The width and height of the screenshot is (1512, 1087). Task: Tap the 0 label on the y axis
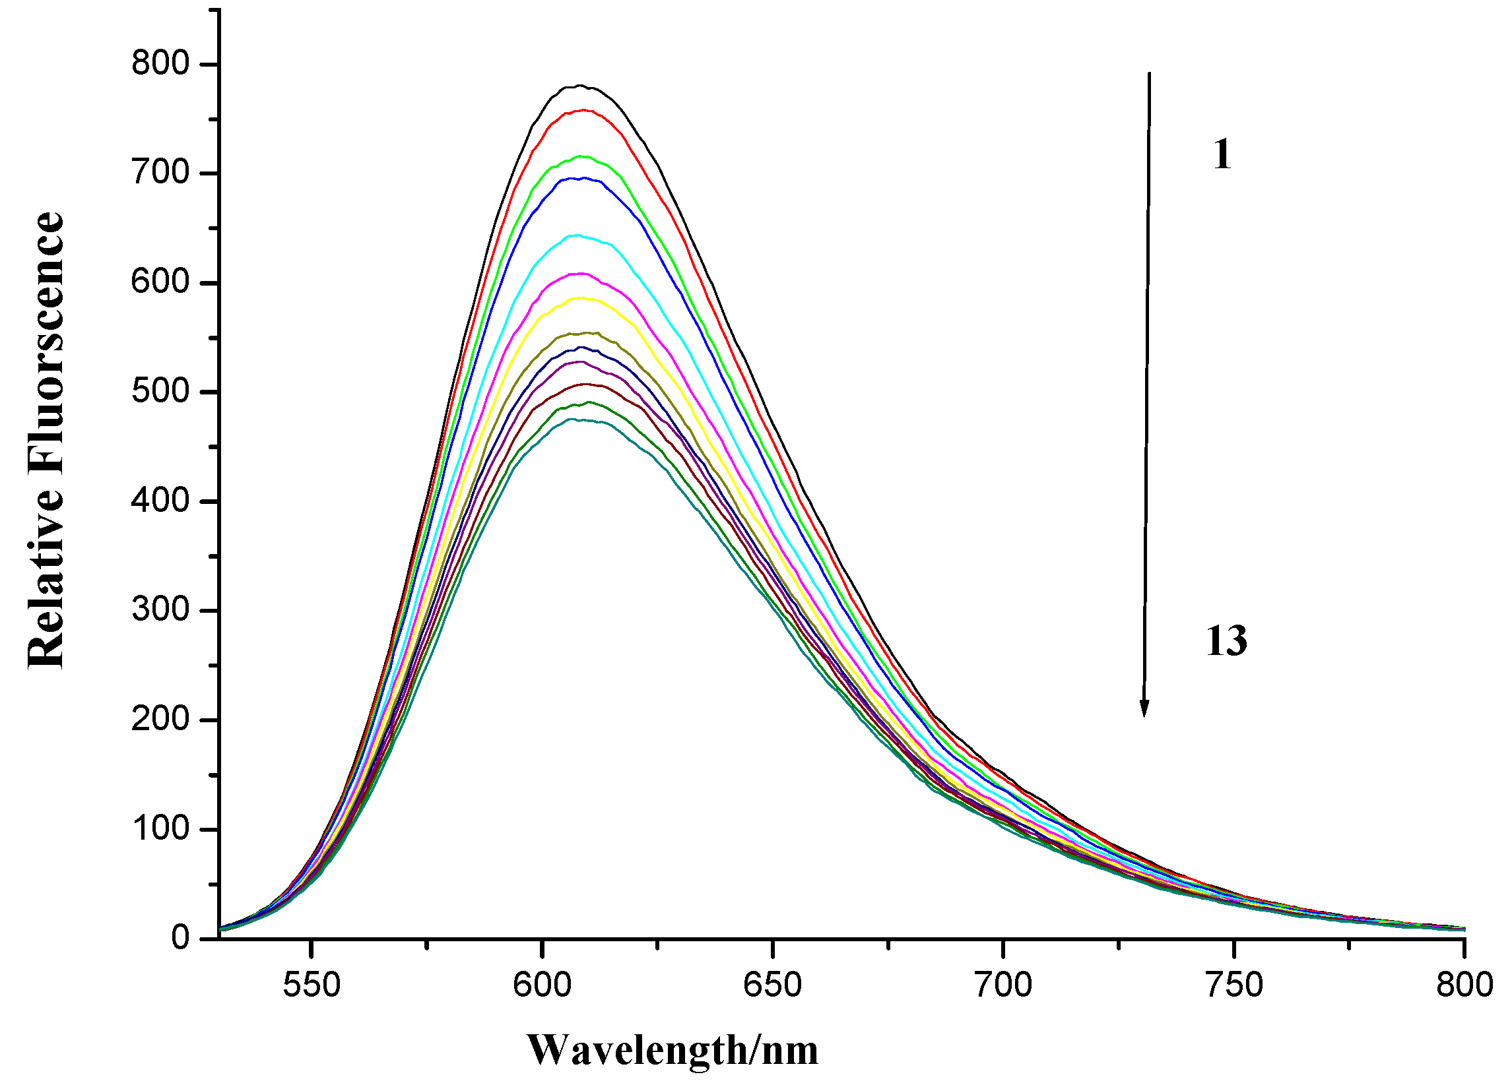click(180, 939)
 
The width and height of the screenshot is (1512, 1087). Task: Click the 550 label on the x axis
click(312, 985)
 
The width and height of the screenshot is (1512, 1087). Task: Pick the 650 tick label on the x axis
click(773, 985)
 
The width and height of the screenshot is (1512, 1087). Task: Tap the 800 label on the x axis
click(1464, 985)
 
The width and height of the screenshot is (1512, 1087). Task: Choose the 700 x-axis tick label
click(1003, 985)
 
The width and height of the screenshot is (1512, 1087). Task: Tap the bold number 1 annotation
click(1222, 155)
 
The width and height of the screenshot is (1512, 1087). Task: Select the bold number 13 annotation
click(1226, 642)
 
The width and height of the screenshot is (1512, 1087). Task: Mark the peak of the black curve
click(579, 86)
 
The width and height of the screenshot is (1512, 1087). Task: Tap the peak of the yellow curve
click(580, 298)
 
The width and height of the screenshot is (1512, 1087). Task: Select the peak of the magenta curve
click(581, 273)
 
